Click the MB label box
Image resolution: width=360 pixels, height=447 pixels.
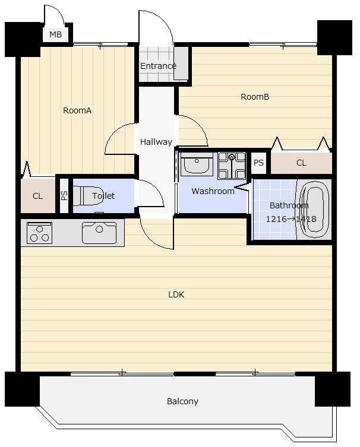[x=56, y=34]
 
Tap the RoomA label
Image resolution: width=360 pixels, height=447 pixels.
[x=77, y=110]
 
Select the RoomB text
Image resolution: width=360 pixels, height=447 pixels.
[x=255, y=97]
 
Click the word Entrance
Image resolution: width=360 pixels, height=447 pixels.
[x=158, y=66]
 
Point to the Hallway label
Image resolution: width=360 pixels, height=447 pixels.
[x=156, y=142]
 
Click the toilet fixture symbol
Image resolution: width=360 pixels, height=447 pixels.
[x=88, y=195]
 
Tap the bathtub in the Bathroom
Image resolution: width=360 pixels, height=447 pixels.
[x=314, y=209]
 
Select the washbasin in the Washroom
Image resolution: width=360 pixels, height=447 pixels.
[x=197, y=164]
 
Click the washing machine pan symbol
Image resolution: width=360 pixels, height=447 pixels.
[x=232, y=166]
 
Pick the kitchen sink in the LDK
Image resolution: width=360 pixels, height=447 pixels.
[x=99, y=233]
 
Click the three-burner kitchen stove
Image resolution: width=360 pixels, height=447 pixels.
[x=39, y=233]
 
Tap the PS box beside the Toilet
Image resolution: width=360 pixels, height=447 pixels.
[x=64, y=195]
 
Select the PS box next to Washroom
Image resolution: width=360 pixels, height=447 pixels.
[x=258, y=163]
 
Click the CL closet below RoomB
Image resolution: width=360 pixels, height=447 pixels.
[x=301, y=163]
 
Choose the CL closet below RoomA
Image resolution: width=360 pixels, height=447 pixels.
[x=38, y=195]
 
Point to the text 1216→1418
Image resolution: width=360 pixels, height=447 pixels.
[x=291, y=219]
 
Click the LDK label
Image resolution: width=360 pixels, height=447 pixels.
[x=176, y=294]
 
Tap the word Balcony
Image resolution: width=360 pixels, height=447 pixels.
[x=182, y=401]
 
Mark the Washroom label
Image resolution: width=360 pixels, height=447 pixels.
[x=213, y=191]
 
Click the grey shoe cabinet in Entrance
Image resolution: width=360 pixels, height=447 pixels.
[x=181, y=64]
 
